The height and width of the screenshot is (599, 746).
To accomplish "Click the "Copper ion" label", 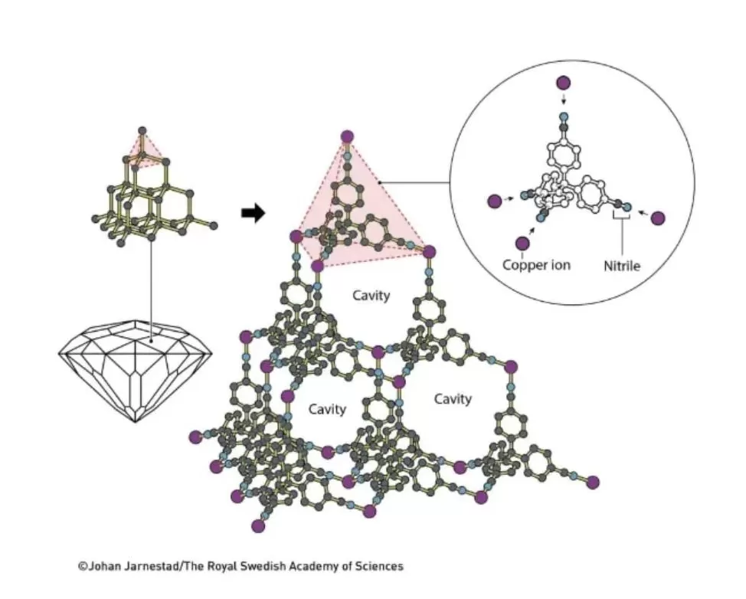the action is pos(536,264).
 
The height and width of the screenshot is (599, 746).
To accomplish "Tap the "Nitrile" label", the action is pos(622,266).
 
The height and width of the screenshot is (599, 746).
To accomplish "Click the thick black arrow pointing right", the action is pos(253,213).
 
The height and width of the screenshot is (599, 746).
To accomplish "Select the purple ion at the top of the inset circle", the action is pos(563,83).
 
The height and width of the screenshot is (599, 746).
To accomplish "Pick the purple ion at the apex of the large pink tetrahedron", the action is pos(347,136).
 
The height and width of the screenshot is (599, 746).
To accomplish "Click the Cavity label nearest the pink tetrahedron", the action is pos(371,296).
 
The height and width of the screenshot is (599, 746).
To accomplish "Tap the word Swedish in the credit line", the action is pos(264,566).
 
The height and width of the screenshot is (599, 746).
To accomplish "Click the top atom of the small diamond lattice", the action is pos(142,130).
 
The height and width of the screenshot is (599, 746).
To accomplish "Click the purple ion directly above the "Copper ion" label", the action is pos(522,243).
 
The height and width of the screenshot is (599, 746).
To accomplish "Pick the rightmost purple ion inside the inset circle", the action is pos(657,218).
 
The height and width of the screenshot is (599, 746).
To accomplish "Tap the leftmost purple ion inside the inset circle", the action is pos(495,201).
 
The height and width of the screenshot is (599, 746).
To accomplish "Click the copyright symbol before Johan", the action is pos(83,566).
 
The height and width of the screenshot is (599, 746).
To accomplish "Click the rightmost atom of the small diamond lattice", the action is pos(213,225).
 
